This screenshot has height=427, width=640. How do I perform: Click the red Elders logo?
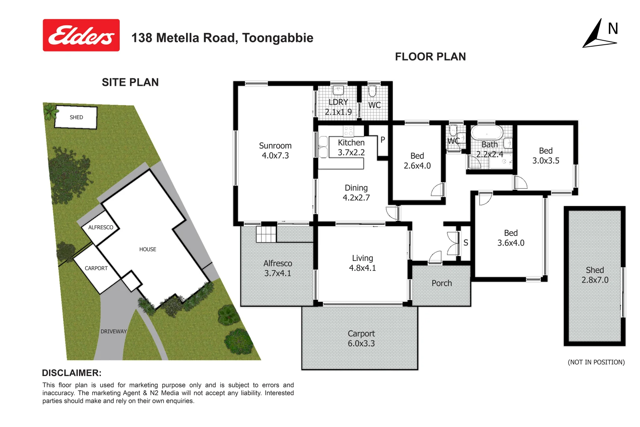(x=81, y=35)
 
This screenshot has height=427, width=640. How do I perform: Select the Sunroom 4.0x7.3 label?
(x=275, y=151)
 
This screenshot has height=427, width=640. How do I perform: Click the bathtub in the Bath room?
(x=487, y=133)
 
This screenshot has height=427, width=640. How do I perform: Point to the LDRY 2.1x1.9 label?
(x=338, y=107)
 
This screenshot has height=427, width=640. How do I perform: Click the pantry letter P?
(x=382, y=140)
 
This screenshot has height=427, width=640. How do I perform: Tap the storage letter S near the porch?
(x=466, y=243)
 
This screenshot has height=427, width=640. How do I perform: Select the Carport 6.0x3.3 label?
(x=361, y=338)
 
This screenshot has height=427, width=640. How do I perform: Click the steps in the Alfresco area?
(x=266, y=234)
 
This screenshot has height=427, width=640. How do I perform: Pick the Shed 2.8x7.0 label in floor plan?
(x=595, y=275)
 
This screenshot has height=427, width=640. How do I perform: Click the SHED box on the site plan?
(x=76, y=117)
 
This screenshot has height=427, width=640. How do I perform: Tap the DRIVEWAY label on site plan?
(x=113, y=331)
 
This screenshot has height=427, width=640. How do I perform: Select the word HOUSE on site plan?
(x=147, y=249)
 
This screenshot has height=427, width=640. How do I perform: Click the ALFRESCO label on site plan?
(x=100, y=227)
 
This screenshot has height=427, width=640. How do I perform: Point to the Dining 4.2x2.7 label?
(x=356, y=193)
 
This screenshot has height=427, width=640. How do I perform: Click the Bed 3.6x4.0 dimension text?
(x=511, y=243)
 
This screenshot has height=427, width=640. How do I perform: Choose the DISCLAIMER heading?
(x=72, y=373)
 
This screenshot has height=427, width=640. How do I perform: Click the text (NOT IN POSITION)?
(x=596, y=362)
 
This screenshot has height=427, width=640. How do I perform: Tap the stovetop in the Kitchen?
(x=348, y=131)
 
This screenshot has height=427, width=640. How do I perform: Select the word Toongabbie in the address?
(x=278, y=38)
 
